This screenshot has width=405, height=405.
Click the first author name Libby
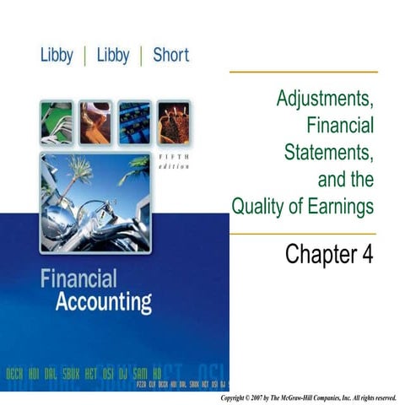(62, 56)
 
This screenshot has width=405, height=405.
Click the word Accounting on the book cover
(103, 302)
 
